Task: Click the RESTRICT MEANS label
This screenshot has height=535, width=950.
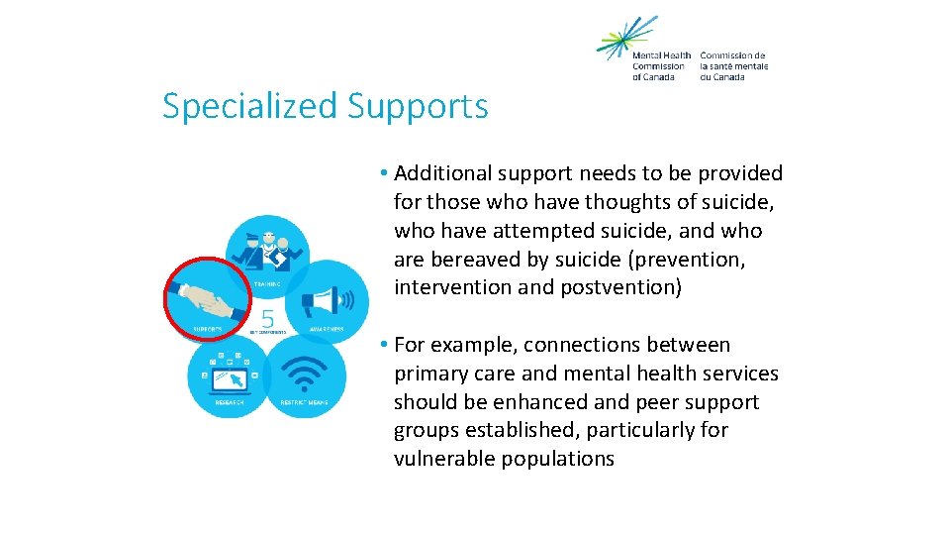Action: click(306, 402)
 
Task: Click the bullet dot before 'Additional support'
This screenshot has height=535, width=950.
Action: click(383, 174)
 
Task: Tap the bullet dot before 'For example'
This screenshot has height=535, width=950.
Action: click(383, 346)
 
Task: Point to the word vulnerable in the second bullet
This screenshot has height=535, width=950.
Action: click(441, 459)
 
